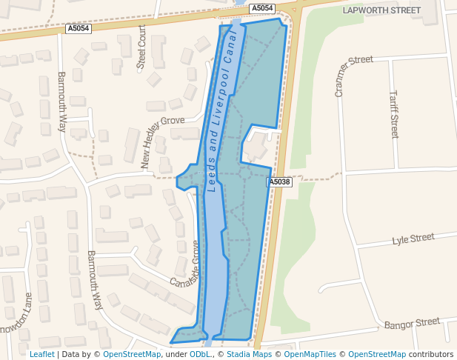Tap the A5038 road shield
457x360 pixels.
(279, 181)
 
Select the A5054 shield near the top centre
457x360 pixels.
(261, 8)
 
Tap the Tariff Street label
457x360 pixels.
(394, 114)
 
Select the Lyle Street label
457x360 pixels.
(413, 239)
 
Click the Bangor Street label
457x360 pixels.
(412, 323)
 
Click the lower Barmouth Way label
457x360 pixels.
(95, 279)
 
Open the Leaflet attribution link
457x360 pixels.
(41, 354)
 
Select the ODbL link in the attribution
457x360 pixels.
(199, 354)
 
